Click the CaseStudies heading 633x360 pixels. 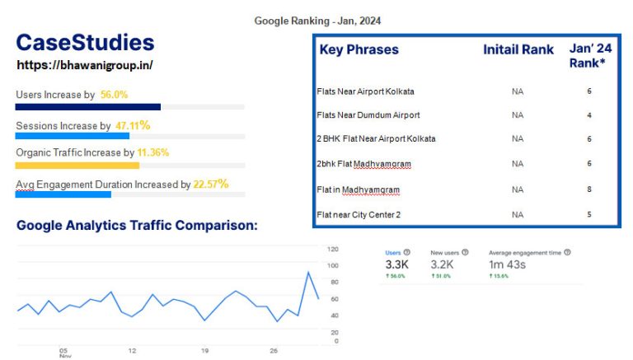[x=85, y=44]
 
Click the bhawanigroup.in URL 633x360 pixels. [x=85, y=64]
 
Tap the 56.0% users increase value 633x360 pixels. [x=114, y=95]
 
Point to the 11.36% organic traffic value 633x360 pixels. [x=154, y=152]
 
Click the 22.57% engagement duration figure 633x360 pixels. [x=210, y=184]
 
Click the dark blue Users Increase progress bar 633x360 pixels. [x=88, y=107]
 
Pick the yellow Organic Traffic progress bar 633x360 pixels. [x=77, y=165]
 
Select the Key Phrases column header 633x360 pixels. [x=359, y=49]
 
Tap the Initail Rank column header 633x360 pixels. [x=518, y=49]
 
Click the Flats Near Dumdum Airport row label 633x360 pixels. [x=368, y=115]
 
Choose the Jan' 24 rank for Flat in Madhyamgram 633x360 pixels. [x=589, y=189]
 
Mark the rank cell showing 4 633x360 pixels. [x=589, y=115]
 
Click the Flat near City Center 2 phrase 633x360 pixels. [x=359, y=215]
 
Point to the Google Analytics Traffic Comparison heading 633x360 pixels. [x=137, y=224]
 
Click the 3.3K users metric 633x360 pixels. [x=397, y=264]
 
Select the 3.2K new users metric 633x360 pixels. [x=443, y=264]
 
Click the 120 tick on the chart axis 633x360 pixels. [x=333, y=249]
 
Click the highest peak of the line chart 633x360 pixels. [x=308, y=272]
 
